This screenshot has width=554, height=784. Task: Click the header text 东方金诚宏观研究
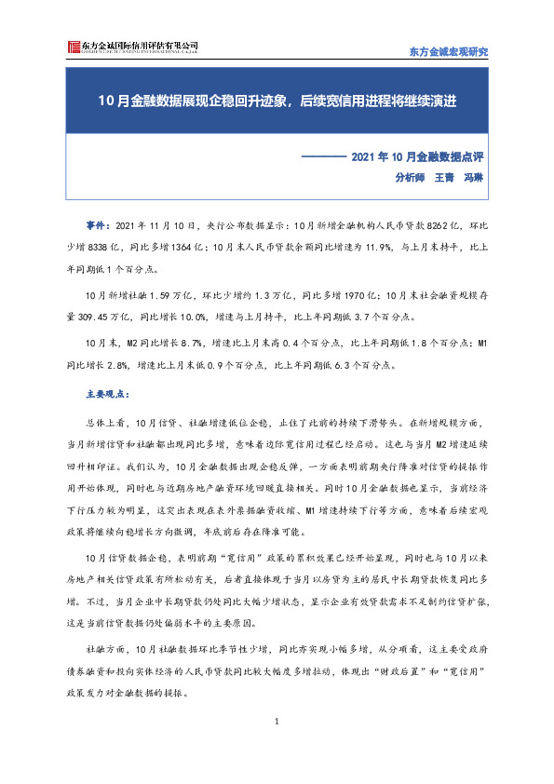pos(448,50)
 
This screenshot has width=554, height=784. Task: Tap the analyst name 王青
pos(443,178)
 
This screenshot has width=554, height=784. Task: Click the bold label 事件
pos(94,226)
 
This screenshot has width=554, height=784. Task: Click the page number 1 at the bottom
pos(277,722)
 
